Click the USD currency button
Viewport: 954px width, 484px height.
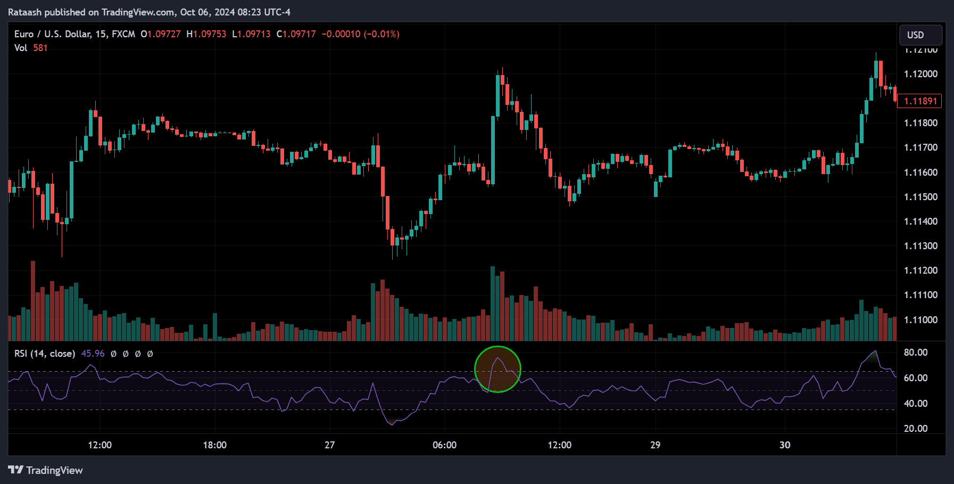click(920, 35)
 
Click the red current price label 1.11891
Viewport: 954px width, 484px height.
click(919, 101)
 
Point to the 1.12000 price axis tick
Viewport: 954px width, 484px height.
click(920, 74)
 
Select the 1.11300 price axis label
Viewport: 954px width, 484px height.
click(920, 246)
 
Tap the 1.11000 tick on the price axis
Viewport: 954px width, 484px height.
click(920, 320)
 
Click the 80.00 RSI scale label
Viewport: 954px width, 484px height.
click(916, 352)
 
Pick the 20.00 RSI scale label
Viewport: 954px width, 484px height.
click(916, 429)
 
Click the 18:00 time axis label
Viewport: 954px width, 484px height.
click(214, 445)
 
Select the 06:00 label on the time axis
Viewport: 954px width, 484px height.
click(444, 445)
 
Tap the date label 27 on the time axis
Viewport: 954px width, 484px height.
click(330, 445)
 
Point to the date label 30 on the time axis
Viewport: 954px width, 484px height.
click(785, 445)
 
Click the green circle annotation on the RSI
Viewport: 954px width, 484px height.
click(497, 369)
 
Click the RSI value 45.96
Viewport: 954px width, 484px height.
click(93, 354)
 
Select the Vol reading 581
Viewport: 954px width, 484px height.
click(40, 48)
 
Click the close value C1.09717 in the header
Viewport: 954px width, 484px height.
click(296, 34)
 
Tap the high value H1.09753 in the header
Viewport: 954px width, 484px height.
click(206, 34)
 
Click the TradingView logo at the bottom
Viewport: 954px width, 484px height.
click(46, 470)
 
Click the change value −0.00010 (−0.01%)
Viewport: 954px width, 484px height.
click(360, 34)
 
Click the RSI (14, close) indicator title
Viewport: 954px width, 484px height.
click(44, 354)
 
